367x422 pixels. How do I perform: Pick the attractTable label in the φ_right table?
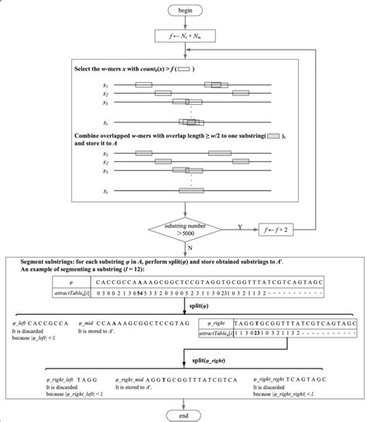[x=225, y=329]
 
